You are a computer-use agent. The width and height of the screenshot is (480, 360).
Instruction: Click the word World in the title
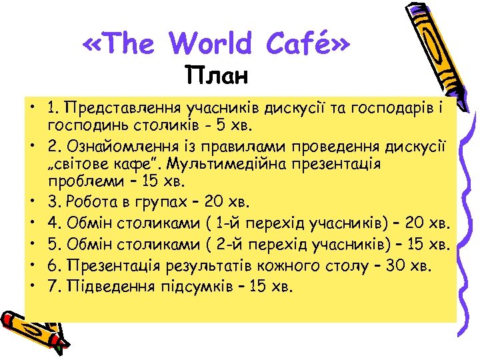[211, 44]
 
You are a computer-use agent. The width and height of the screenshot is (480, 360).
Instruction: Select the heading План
[217, 75]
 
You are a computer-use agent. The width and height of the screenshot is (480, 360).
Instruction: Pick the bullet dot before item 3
[31, 201]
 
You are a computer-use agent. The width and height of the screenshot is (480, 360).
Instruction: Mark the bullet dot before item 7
[31, 287]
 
